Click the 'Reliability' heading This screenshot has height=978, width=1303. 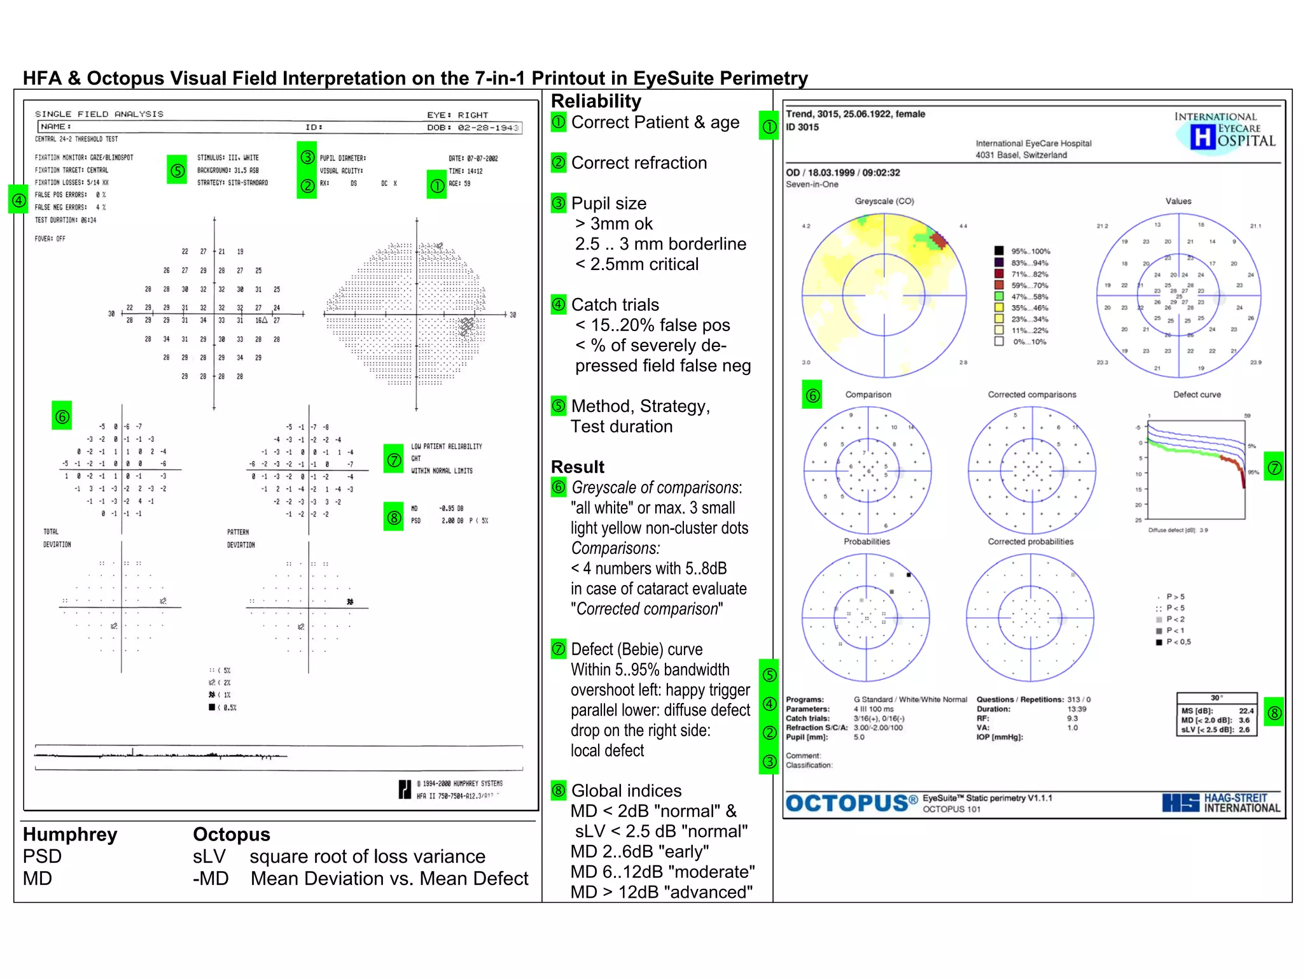(x=596, y=101)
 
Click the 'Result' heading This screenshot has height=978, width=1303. (x=577, y=467)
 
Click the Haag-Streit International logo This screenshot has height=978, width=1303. (x=1221, y=803)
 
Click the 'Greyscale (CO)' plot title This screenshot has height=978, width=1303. (x=884, y=201)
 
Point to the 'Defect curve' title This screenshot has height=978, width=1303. (x=1197, y=395)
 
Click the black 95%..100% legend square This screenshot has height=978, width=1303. (x=999, y=251)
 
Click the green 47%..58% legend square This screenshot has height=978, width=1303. (x=999, y=296)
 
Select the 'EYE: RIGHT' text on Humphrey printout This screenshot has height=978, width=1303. (x=457, y=115)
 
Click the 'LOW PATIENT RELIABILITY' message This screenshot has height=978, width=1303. (x=446, y=446)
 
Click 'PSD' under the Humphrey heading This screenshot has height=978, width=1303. (x=42, y=856)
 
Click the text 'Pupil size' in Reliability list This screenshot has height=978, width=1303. (x=608, y=204)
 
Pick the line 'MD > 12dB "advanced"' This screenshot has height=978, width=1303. (x=661, y=892)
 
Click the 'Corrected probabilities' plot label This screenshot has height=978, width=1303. (x=1030, y=542)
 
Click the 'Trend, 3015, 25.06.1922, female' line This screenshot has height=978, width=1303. (x=855, y=114)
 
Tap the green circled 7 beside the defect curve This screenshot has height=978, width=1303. (x=1274, y=468)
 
